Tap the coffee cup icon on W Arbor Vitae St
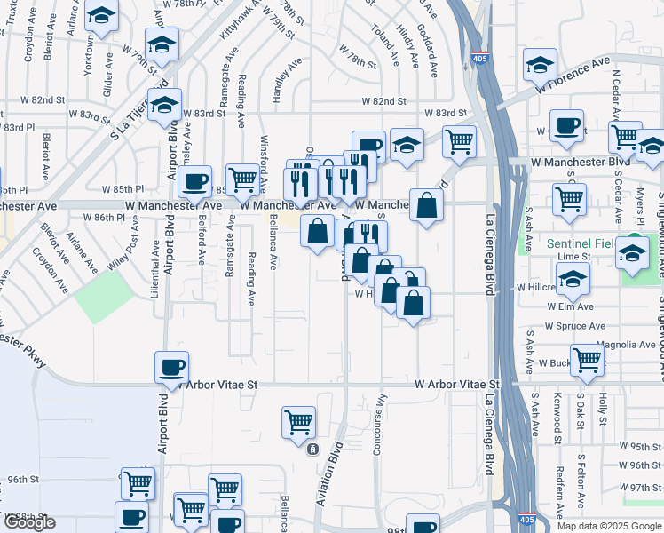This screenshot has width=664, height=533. tap(171, 366)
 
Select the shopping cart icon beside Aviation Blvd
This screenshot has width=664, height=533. tap(299, 421)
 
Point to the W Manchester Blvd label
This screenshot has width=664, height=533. tap(580, 163)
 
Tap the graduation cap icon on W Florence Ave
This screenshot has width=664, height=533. tap(541, 64)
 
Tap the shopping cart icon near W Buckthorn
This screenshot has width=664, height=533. tap(587, 359)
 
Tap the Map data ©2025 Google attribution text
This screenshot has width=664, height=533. tap(608, 526)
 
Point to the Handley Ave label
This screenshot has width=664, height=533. tap(282, 82)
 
